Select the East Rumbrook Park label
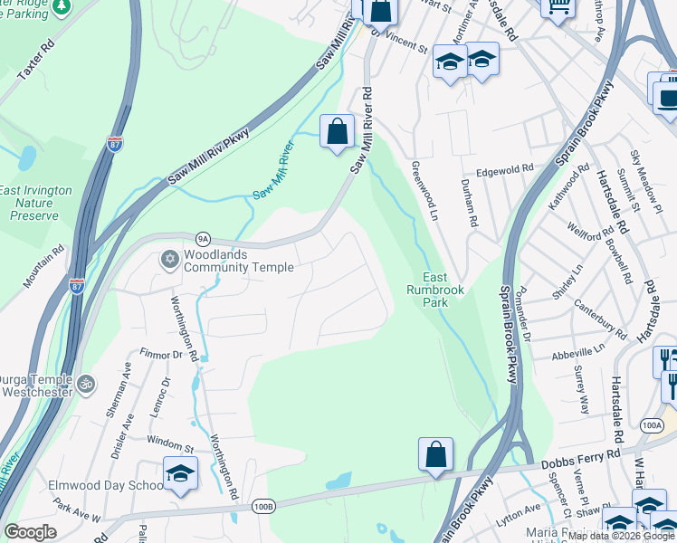point(435,290)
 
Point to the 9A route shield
point(204,239)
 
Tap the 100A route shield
point(651,424)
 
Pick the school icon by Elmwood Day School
point(181,473)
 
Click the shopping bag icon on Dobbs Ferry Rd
point(435,454)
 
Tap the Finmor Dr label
point(162,354)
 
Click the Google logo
point(30,532)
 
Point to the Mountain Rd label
point(43,267)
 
